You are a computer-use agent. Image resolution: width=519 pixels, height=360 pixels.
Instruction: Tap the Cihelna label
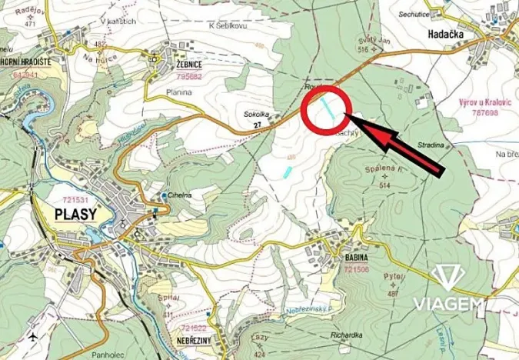click(181, 195)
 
